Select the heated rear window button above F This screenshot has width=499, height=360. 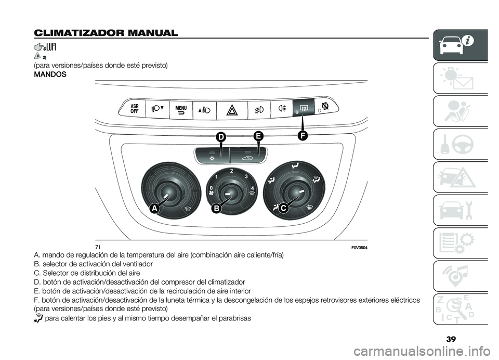click(304, 109)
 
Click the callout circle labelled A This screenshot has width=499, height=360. click(153, 209)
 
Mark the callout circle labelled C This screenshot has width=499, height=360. click(284, 209)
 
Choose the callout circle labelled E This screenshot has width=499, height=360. click(258, 137)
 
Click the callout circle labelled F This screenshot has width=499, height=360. click(303, 136)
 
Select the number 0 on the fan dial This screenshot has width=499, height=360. click(212, 187)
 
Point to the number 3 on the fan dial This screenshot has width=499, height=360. click(247, 176)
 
